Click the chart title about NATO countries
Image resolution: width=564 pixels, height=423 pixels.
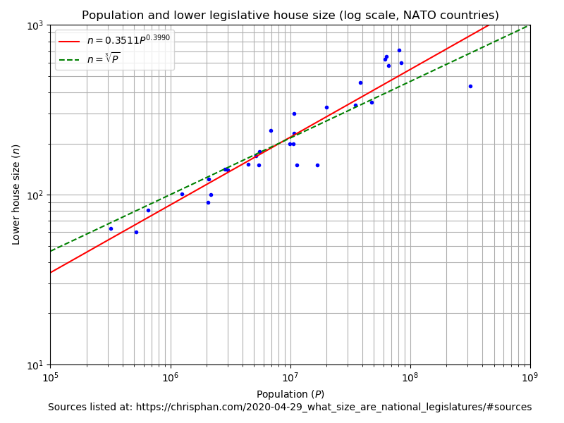tap(290, 16)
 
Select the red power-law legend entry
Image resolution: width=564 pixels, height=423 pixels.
tap(114, 41)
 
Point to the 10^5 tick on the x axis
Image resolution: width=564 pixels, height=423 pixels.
tap(50, 376)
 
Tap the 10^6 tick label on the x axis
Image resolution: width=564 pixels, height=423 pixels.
tap(170, 376)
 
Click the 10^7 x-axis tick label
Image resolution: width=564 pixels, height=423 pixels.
tap(290, 376)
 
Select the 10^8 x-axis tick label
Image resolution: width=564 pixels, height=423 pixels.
tap(410, 376)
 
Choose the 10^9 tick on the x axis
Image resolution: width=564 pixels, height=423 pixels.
tap(529, 376)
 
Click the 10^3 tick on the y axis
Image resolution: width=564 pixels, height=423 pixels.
tap(35, 26)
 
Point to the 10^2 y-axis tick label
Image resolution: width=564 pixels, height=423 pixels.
tap(35, 195)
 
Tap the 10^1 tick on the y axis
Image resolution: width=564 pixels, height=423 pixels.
tap(35, 365)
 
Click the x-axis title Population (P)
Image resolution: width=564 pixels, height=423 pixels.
tap(290, 394)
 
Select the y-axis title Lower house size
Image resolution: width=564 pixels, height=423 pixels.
tap(16, 195)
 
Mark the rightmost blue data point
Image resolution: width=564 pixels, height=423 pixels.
tap(470, 86)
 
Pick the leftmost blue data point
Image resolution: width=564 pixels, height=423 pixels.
tap(111, 228)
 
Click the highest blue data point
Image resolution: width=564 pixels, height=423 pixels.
tap(399, 50)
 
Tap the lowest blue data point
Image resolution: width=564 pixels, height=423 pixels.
tap(136, 232)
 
